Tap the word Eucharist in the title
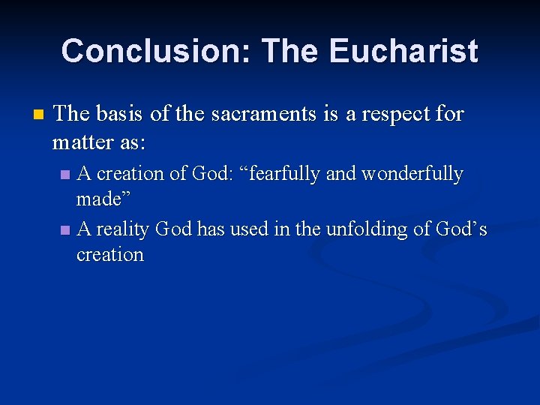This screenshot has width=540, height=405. pyautogui.click(x=403, y=51)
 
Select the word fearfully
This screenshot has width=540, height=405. pyautogui.click(x=277, y=174)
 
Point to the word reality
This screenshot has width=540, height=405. pyautogui.click(x=124, y=229)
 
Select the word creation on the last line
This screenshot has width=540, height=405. pyautogui.click(x=110, y=254)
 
